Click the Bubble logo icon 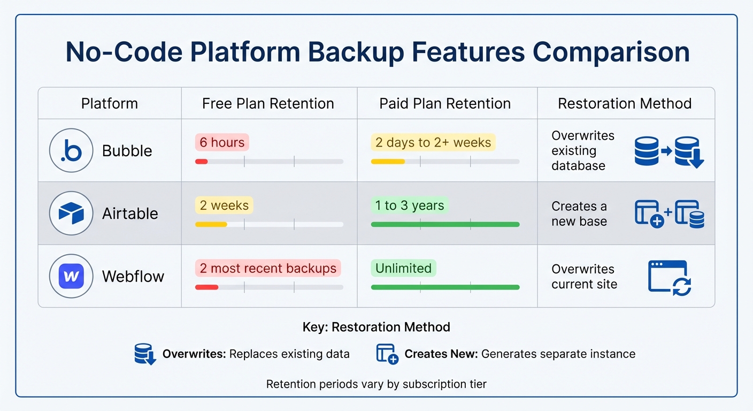coord(71,151)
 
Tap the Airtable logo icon coord(71,214)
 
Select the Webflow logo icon coord(71,276)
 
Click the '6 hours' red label coord(222,142)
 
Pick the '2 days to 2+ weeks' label coord(433,142)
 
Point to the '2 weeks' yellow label coord(224,205)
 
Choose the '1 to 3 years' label coord(409,205)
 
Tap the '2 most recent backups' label coord(268,268)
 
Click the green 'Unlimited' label coord(403,268)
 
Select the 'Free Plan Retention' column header coord(268,103)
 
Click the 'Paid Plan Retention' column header coord(445,103)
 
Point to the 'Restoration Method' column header coord(625,103)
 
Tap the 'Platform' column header coord(109,103)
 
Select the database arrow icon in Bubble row coord(669,151)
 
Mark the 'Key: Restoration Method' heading coord(376,327)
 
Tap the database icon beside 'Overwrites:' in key coord(145,354)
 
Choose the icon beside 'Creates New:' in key coord(387,354)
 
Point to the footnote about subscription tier coord(376,384)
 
